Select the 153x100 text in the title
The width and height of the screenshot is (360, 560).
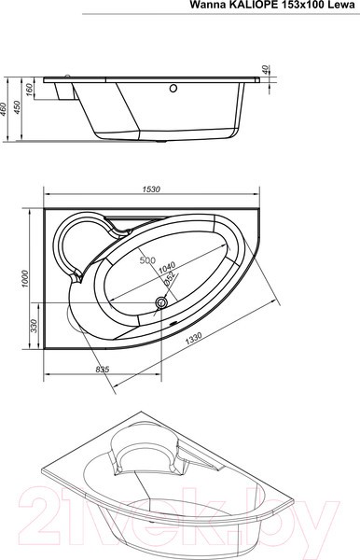point(302,6)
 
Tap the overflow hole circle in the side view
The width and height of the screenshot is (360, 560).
point(172,91)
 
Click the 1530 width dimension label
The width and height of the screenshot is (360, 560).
point(151,190)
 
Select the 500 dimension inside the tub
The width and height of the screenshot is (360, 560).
point(147,260)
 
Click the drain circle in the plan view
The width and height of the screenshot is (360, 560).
point(159,301)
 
